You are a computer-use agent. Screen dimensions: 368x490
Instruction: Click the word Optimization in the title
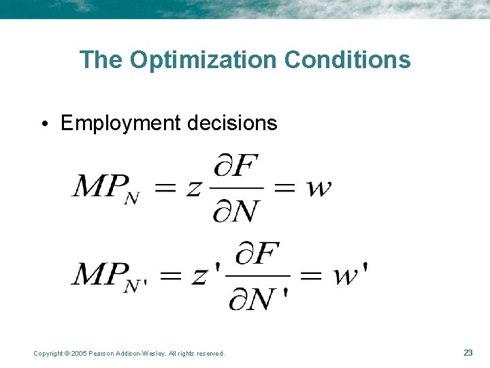pos(203,60)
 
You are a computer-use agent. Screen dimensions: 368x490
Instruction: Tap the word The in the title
pos(101,60)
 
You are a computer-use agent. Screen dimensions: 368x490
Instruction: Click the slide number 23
pos(468,352)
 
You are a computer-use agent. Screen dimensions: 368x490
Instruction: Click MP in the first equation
pos(99,186)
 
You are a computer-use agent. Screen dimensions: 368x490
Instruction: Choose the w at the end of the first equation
pos(318,186)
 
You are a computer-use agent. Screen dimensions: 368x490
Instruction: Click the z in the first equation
pos(193,187)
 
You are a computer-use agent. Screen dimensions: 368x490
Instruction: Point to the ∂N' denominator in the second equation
pos(259,298)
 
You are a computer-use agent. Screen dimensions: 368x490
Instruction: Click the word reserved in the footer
pos(210,353)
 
